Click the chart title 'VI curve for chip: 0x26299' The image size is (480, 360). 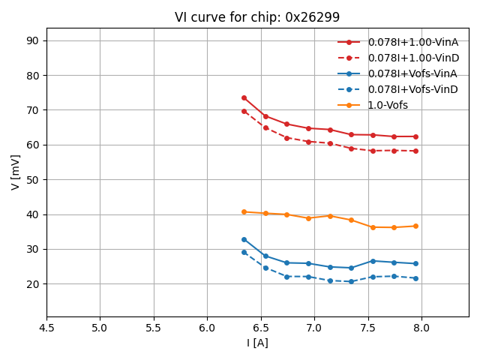[257, 17]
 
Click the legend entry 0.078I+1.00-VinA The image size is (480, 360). [412, 42]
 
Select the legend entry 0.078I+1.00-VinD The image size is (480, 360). [412, 58]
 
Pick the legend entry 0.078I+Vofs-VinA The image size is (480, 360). [412, 73]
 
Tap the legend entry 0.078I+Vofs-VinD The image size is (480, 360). [412, 89]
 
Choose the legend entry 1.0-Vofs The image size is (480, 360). [388, 105]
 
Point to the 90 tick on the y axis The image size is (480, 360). [34, 40]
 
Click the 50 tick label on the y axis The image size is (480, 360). [34, 180]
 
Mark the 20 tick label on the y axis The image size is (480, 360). [34, 284]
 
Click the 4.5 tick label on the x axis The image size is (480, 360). [46, 328]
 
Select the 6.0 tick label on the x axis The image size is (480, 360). [207, 328]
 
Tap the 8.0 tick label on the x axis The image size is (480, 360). [421, 328]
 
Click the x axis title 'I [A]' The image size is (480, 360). [257, 343]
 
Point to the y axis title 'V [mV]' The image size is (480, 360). [16, 172]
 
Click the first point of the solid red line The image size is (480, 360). [244, 97]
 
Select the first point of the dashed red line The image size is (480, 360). [244, 111]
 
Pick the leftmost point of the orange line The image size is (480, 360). [244, 211]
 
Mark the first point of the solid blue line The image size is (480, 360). [244, 239]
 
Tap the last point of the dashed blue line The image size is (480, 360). [415, 278]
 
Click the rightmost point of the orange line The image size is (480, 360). [415, 226]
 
